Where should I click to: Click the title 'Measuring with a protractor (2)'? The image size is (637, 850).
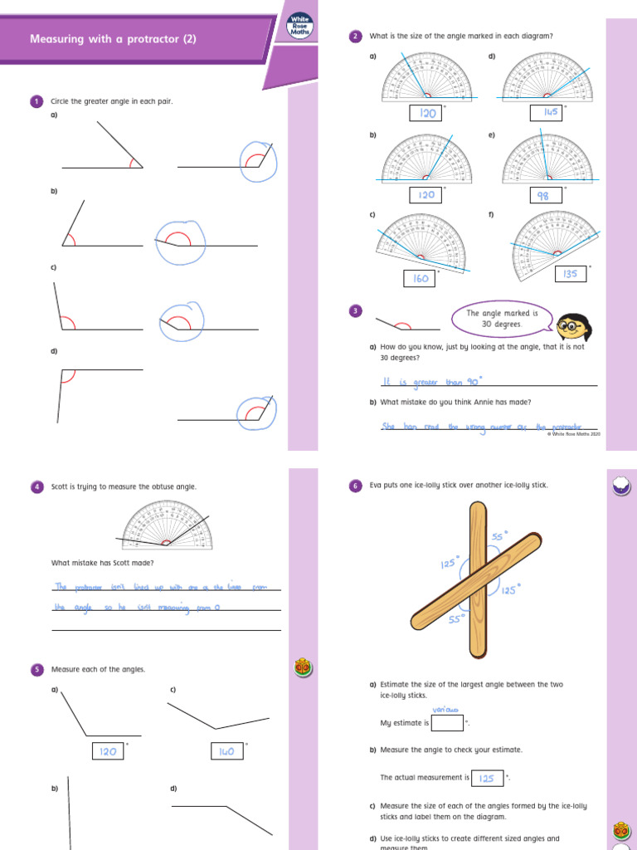[113, 39]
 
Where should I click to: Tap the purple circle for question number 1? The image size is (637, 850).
[36, 101]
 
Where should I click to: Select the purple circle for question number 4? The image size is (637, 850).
[36, 486]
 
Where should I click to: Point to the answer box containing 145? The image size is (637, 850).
[546, 112]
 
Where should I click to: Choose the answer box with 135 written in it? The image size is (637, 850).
[571, 274]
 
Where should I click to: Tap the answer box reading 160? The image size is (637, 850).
[421, 279]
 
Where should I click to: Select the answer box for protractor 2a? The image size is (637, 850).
[426, 113]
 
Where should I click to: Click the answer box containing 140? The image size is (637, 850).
[226, 751]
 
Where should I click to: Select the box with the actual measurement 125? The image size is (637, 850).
[487, 778]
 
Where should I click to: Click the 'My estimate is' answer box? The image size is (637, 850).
[448, 723]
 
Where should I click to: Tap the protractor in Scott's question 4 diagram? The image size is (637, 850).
[167, 525]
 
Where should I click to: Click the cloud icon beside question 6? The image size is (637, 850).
[621, 486]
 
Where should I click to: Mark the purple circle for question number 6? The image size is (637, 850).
[356, 486]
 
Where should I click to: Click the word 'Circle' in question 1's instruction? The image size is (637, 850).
[61, 101]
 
